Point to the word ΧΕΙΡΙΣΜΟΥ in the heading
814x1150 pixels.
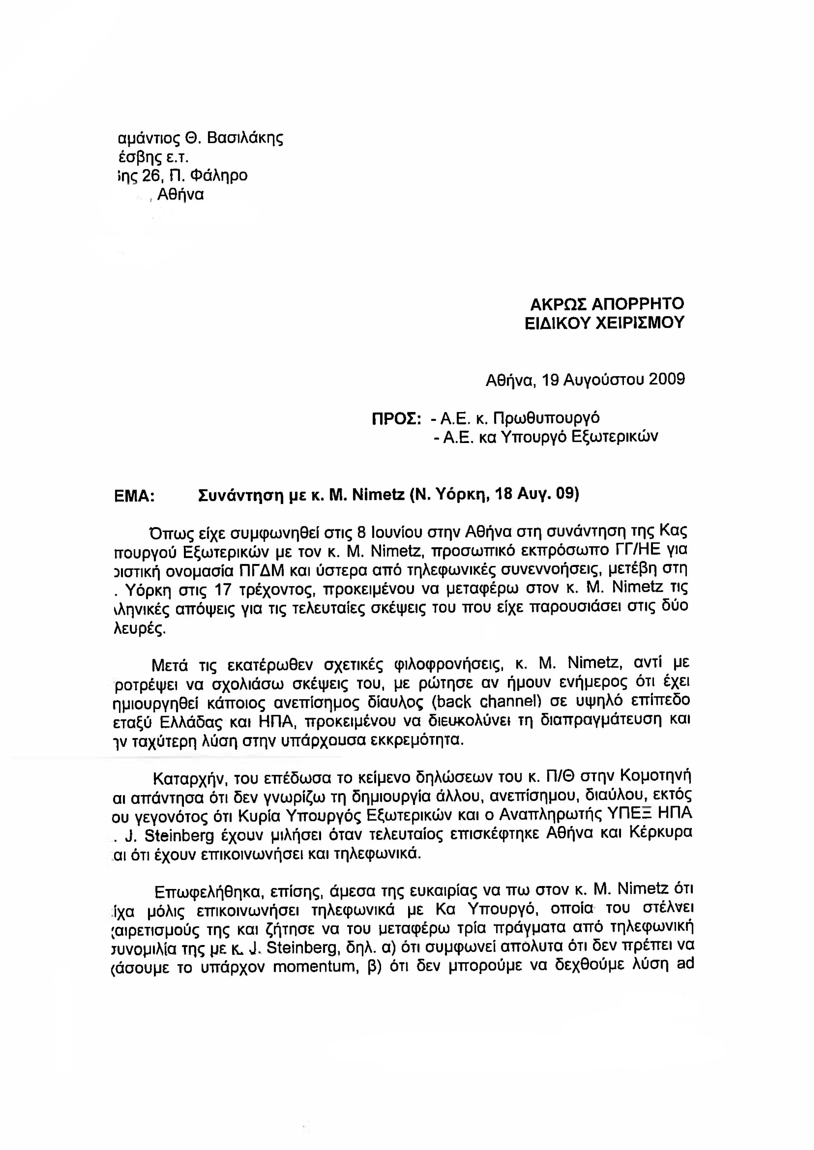[639, 322]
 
